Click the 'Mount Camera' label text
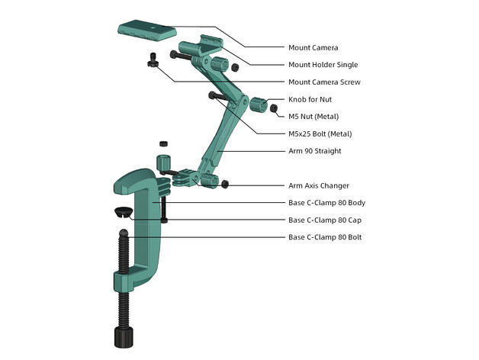(313, 47)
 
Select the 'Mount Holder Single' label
(323, 65)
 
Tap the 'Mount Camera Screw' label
(324, 82)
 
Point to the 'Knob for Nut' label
(310, 100)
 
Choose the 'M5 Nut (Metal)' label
(313, 117)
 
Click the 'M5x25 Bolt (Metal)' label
(320, 134)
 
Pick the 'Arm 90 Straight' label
(314, 151)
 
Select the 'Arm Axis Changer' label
(319, 185)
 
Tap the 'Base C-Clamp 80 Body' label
(326, 203)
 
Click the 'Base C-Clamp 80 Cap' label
(325, 220)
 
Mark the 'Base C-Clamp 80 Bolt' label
(325, 237)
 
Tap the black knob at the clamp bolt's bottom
(124, 336)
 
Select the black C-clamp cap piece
(122, 211)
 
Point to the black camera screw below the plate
(153, 60)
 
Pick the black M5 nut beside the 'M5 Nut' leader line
(274, 108)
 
